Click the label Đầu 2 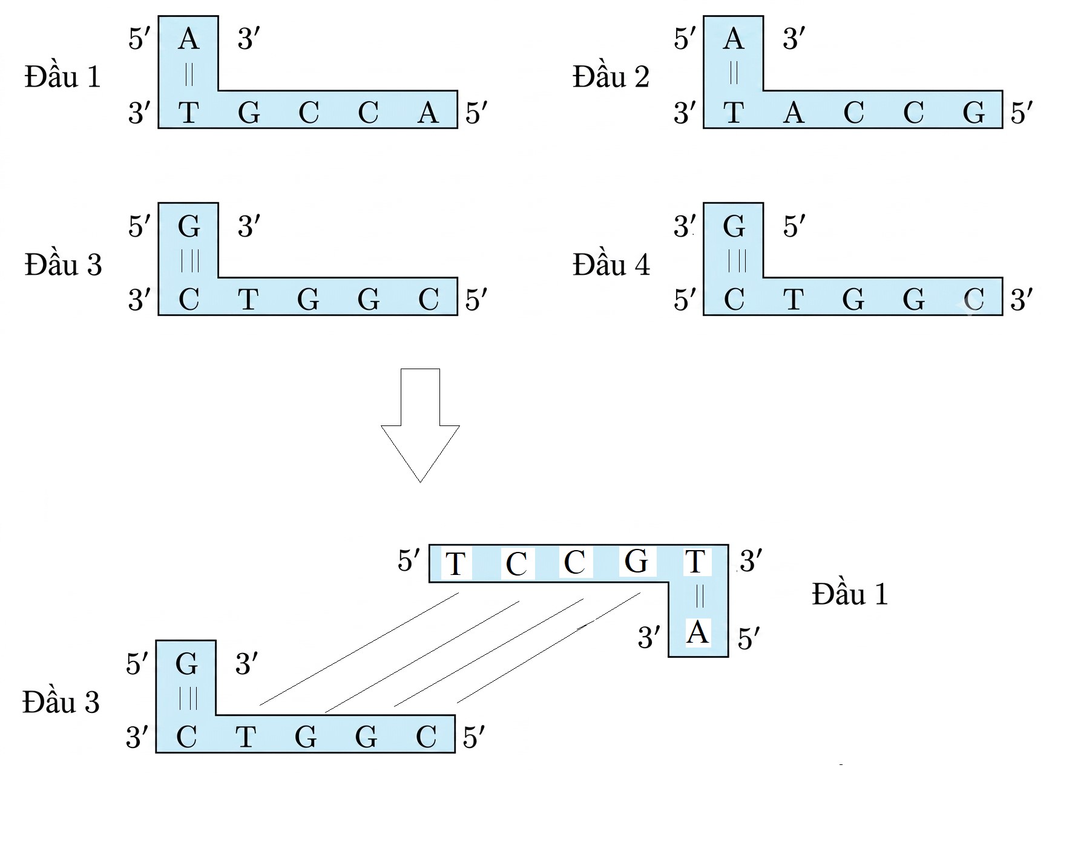(611, 77)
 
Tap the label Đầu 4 (611, 264)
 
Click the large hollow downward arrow (420, 425)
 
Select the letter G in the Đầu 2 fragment (974, 113)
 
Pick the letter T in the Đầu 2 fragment (734, 113)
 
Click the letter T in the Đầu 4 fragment (794, 299)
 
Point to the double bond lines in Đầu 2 (734, 73)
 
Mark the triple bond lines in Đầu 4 (737, 261)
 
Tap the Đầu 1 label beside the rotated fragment (850, 594)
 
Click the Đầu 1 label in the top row (62, 77)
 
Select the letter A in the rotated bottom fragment (698, 632)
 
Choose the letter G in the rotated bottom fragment (636, 561)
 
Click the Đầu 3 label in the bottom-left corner (61, 702)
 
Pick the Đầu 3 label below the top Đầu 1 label (63, 264)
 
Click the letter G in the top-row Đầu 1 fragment (249, 113)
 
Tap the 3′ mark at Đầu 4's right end (1021, 300)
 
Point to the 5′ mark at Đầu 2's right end (1021, 113)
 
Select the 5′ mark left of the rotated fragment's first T (409, 560)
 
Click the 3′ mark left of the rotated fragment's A (649, 637)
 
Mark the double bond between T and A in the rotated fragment (700, 596)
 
